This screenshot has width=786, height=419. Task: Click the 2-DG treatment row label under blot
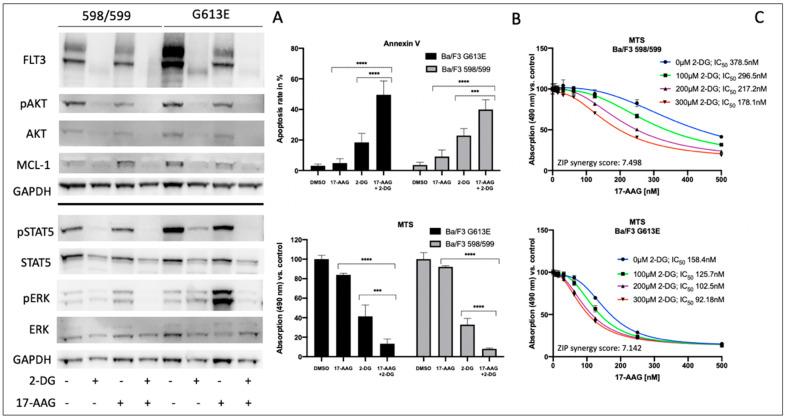[24, 381]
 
